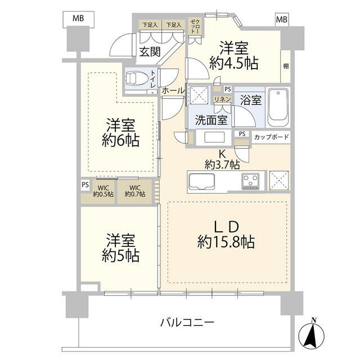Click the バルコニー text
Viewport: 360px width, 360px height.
click(x=187, y=323)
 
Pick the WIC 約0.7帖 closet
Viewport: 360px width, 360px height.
click(x=135, y=191)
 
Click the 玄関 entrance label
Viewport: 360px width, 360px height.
click(x=150, y=52)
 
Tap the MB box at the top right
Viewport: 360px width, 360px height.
click(x=281, y=19)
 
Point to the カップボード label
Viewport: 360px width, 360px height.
click(x=272, y=137)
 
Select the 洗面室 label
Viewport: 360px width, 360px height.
click(x=211, y=119)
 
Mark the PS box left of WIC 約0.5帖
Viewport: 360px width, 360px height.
click(x=85, y=183)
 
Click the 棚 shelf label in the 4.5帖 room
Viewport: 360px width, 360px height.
click(x=286, y=66)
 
